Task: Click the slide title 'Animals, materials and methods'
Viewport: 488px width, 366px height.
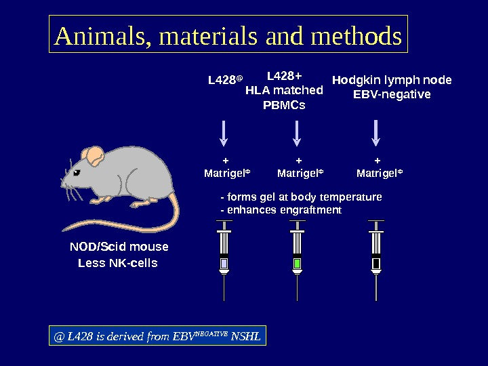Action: coord(228,35)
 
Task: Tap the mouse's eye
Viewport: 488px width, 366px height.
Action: coord(77,173)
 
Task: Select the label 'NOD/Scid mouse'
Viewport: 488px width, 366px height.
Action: coord(119,247)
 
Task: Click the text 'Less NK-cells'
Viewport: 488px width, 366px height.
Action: coord(118,263)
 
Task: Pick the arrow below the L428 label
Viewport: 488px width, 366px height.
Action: coord(224,133)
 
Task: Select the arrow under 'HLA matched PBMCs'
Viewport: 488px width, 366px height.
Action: coord(297,133)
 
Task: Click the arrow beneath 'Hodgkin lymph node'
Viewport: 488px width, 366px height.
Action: coord(376,133)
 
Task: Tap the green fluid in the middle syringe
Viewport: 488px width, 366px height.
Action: coord(297,263)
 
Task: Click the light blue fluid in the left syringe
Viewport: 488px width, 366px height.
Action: coord(224,263)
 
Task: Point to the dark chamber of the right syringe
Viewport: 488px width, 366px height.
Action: coord(376,263)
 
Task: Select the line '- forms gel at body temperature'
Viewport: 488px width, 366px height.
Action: coord(301,197)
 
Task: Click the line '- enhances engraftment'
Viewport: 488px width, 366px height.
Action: coord(281,210)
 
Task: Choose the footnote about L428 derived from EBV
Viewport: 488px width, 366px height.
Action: coord(158,335)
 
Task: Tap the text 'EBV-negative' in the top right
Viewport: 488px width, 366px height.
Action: coord(392,94)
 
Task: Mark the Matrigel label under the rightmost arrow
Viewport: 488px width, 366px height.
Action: coord(379,174)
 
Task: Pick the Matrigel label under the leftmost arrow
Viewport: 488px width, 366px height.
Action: coord(226,174)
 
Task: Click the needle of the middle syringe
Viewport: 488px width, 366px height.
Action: coord(297,287)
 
